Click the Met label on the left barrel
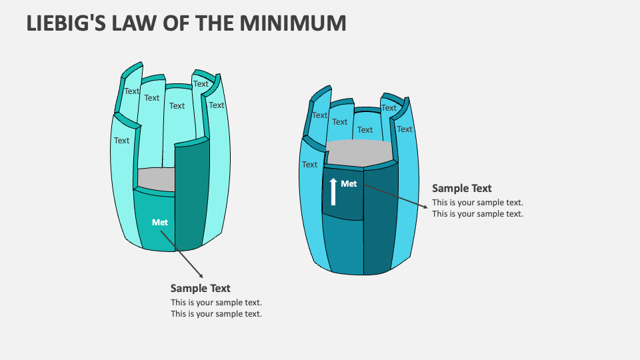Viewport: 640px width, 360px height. (160, 222)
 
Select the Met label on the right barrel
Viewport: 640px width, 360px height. (349, 184)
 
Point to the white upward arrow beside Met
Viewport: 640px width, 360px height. (333, 191)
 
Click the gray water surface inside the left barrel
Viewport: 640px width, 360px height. (156, 179)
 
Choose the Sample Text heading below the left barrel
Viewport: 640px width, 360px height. (200, 288)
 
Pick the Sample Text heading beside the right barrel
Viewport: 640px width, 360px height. (462, 188)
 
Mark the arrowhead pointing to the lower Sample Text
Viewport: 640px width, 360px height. (201, 275)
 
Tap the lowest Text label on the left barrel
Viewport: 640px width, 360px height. (121, 141)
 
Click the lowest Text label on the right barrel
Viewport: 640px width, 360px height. (309, 165)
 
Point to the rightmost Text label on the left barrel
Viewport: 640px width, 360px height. (217, 105)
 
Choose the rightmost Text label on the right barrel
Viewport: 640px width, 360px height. (405, 129)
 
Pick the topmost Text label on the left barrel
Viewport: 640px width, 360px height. (201, 84)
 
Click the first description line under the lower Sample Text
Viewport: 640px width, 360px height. (216, 303)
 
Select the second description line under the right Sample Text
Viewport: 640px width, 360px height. (477, 214)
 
